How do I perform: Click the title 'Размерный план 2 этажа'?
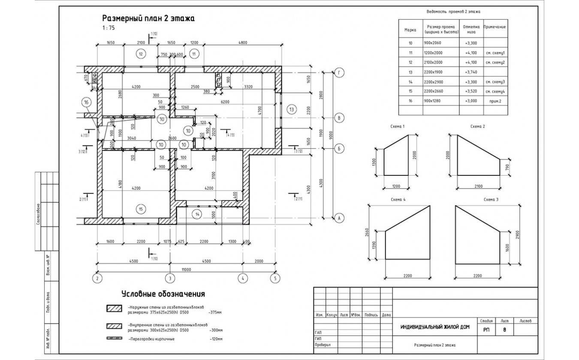click(x=148, y=18)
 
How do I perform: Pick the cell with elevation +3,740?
click(x=471, y=72)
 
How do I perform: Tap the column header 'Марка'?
click(x=410, y=30)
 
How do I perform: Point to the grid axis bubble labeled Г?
click(x=339, y=73)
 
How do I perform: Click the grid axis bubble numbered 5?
click(x=274, y=278)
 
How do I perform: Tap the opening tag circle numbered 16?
click(x=87, y=102)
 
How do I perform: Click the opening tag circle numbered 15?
click(x=141, y=209)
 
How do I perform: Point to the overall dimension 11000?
click(x=186, y=269)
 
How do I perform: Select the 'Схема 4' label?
click(x=398, y=200)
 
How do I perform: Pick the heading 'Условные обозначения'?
click(x=163, y=294)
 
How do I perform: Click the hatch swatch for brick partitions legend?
click(x=115, y=339)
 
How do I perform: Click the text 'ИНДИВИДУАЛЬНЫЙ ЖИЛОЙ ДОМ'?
click(x=434, y=327)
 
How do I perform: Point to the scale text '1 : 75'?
click(x=109, y=28)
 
